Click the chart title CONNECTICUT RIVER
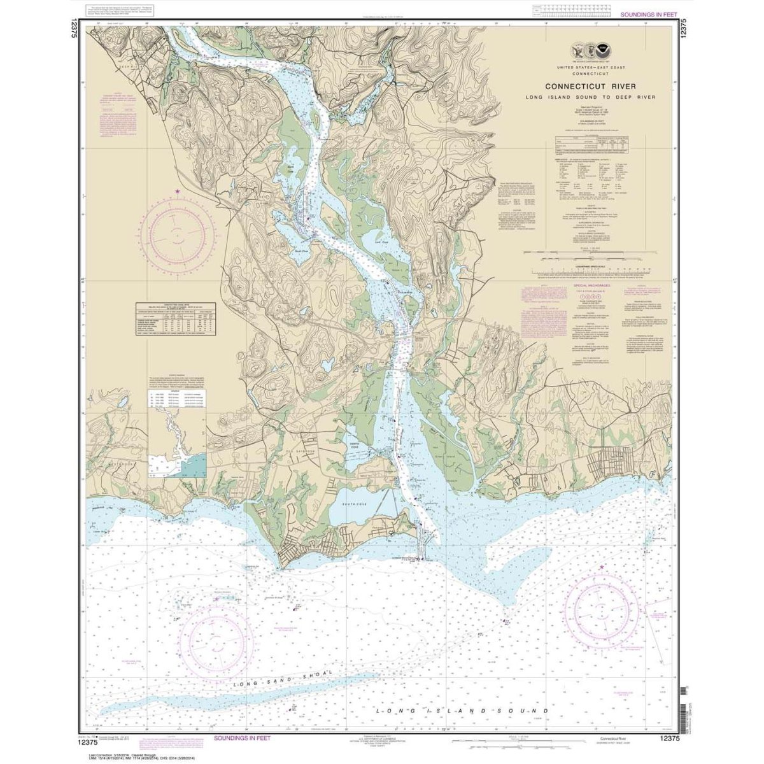click(x=590, y=87)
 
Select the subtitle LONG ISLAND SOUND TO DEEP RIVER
click(x=590, y=97)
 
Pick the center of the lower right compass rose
click(x=601, y=611)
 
